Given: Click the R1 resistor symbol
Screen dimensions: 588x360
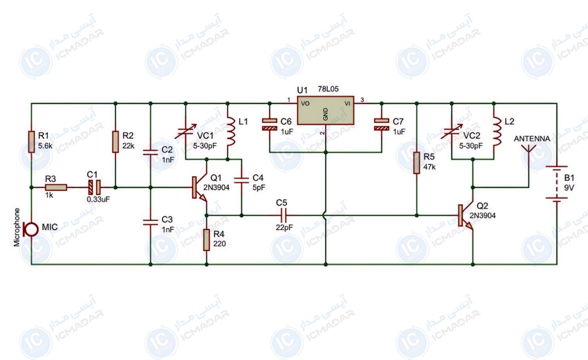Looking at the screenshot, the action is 32,142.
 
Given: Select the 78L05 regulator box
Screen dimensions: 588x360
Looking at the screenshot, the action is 326,111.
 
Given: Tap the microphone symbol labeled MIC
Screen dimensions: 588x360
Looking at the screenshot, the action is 30,229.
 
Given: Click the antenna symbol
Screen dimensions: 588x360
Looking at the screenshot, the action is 528,149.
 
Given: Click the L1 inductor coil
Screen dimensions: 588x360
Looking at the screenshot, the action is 231,131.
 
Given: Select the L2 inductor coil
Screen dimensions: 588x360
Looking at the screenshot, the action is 497,131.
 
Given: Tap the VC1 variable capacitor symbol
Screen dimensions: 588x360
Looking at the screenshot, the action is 186,131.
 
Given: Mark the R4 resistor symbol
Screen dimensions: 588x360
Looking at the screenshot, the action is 207,240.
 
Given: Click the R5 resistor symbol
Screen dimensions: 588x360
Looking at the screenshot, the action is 417,163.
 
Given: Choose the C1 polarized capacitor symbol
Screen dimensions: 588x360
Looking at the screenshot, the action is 94,187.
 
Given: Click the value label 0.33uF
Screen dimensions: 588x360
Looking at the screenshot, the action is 98,199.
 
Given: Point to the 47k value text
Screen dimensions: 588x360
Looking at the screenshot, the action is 430,167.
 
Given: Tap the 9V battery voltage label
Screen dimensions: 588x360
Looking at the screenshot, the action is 569,188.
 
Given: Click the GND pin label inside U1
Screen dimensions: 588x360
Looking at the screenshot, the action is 326,114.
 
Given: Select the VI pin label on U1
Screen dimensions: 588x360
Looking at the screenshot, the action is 347,104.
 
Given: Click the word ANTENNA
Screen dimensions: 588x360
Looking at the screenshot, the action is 532,139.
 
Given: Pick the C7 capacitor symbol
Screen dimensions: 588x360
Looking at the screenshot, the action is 382,124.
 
